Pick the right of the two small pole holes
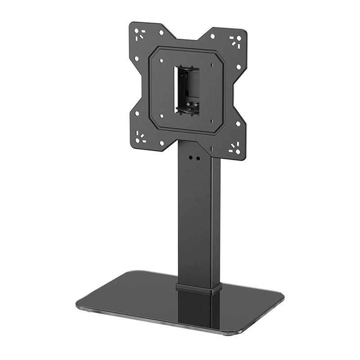pyautogui.click(x=197, y=158)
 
